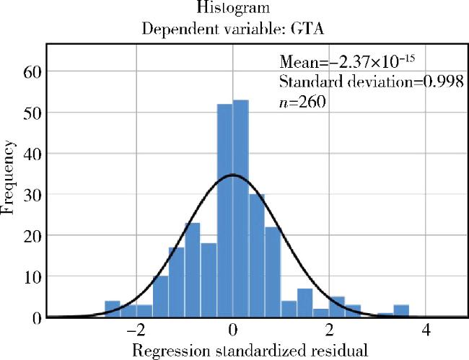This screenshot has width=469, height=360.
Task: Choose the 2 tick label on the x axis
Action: coord(329,333)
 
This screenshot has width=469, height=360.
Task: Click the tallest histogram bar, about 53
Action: coord(241,209)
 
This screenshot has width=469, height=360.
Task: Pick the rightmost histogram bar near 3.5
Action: coord(401,311)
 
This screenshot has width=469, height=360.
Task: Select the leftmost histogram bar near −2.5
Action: coord(112,309)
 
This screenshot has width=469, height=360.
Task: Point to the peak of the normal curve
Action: coord(232,175)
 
